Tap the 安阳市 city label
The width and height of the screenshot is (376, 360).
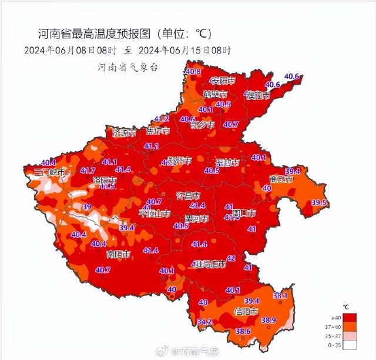(x=224, y=80)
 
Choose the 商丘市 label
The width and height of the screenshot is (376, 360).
(x=281, y=179)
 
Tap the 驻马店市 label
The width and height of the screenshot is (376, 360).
(x=210, y=265)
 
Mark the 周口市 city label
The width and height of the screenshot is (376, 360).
(x=243, y=212)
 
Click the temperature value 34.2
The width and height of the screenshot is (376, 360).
(x=204, y=322)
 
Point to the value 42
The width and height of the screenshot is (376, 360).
(x=231, y=258)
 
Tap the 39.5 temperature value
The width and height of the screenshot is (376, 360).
(x=318, y=202)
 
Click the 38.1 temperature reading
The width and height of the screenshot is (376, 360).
(x=280, y=295)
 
